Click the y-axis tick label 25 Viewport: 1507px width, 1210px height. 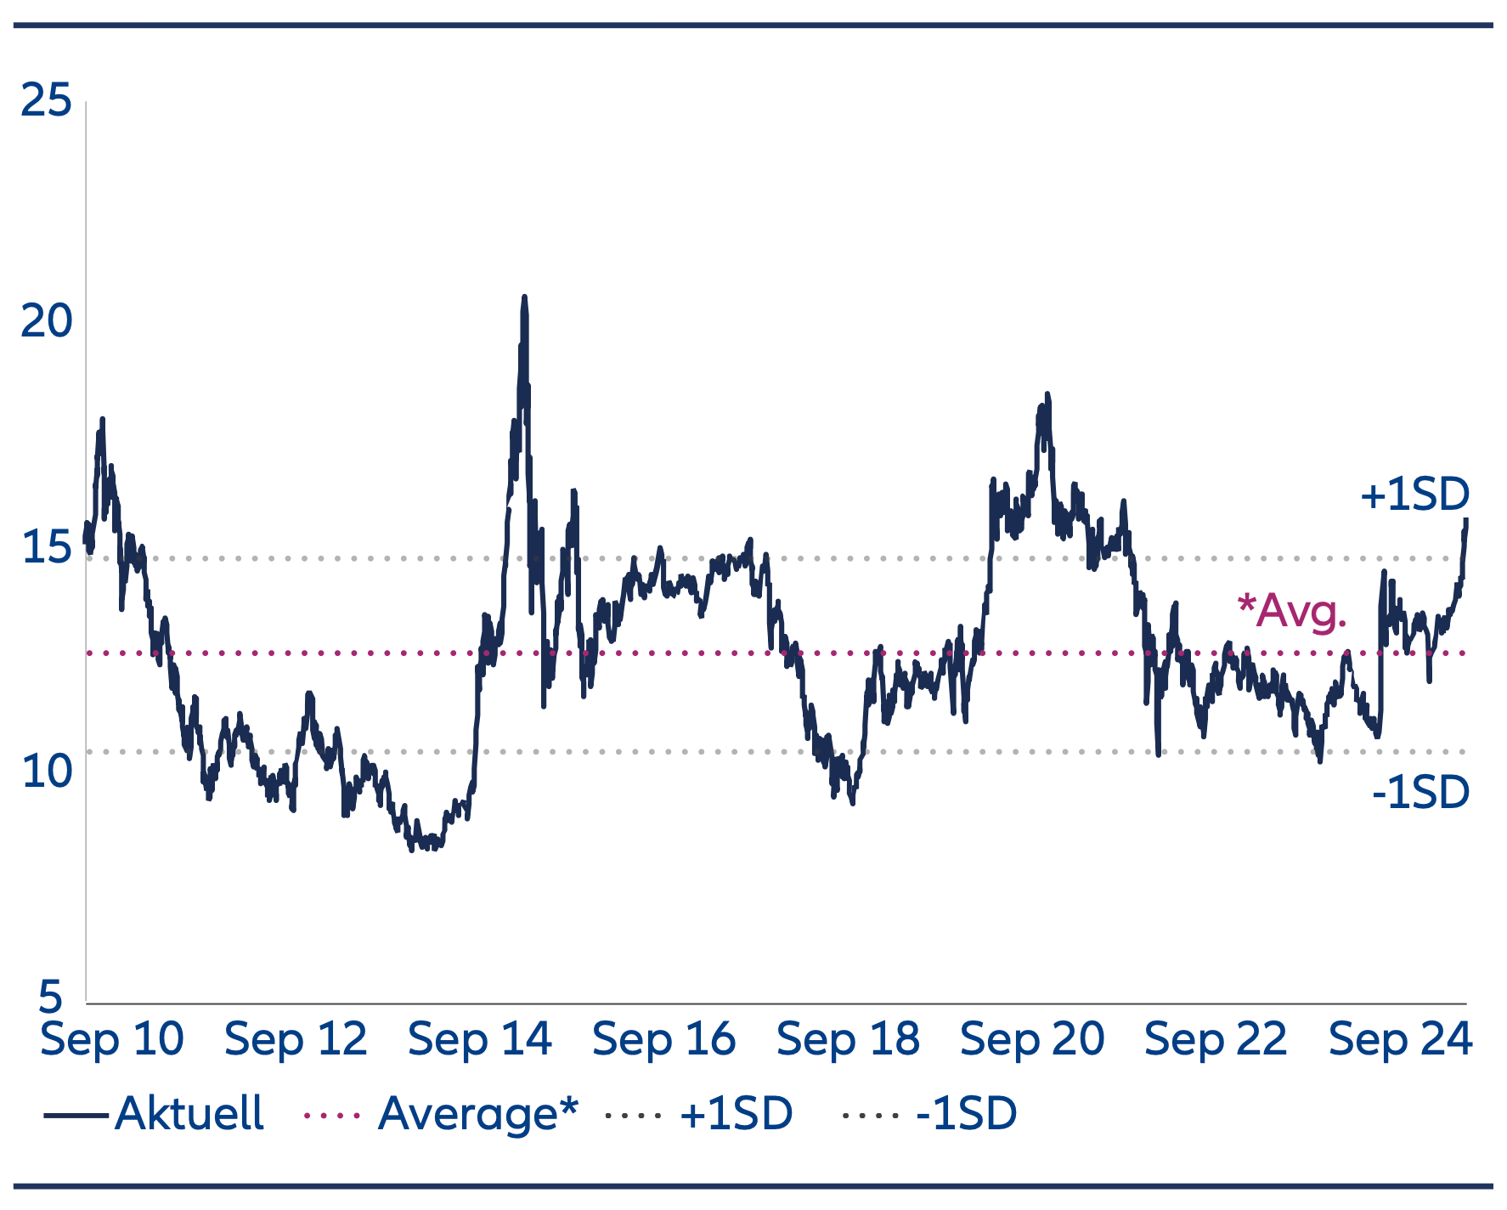47,101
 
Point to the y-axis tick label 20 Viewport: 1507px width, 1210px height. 47,322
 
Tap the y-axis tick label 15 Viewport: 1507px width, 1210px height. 47,547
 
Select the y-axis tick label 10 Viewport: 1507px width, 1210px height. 47,772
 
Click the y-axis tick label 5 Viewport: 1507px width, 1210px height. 51,996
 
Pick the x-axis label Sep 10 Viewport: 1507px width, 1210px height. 112,1039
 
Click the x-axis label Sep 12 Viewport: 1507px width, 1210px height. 296,1039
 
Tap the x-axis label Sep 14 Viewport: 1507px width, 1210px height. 480,1039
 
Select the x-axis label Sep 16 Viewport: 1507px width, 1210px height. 663,1039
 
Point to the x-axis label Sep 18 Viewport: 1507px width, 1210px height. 848,1039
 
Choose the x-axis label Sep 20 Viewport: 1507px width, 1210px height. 1032,1039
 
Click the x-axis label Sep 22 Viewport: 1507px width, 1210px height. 1216,1039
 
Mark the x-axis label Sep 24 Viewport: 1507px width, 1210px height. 1400,1039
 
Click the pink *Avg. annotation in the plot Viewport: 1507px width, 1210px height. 1292,610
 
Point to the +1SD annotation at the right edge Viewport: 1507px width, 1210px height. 1414,495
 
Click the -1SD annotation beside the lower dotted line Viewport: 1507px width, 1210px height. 1420,792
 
